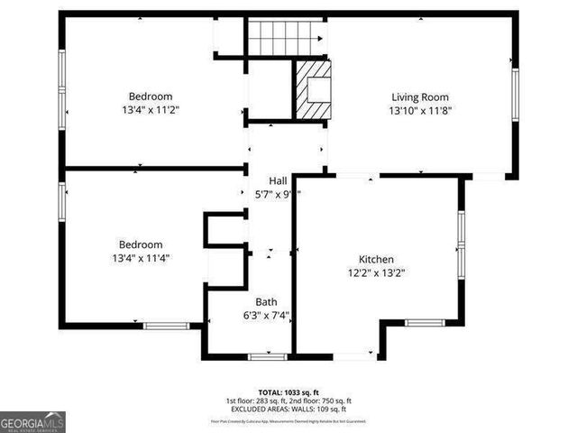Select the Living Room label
(419, 97)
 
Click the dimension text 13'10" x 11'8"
(419, 111)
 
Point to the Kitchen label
(377, 258)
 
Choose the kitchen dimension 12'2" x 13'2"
(377, 272)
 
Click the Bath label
(266, 302)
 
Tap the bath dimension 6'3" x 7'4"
(266, 316)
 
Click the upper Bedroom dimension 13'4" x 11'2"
(150, 110)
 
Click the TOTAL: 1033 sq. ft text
(288, 392)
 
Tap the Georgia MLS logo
(32, 421)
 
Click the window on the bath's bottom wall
(267, 357)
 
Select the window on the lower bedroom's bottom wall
(166, 325)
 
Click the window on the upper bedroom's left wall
(62, 81)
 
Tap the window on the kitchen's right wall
(460, 242)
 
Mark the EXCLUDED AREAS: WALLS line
(288, 410)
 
